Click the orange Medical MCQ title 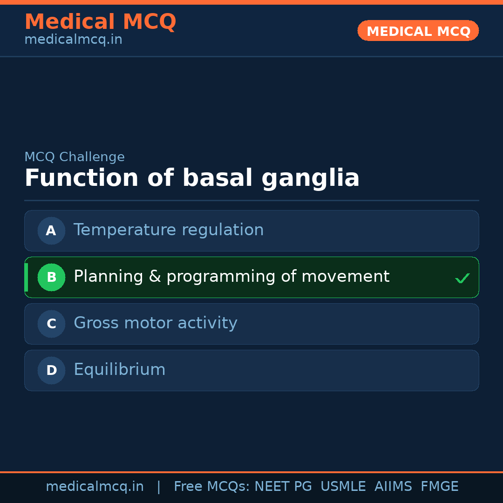pyautogui.click(x=100, y=22)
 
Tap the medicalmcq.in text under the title pyautogui.click(x=73, y=40)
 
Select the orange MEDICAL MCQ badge pyautogui.click(x=418, y=31)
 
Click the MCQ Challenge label pyautogui.click(x=75, y=157)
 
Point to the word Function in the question pyautogui.click(x=82, y=178)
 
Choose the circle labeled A pyautogui.click(x=51, y=231)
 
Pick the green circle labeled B pyautogui.click(x=51, y=277)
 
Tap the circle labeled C pyautogui.click(x=51, y=324)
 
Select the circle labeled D pyautogui.click(x=51, y=370)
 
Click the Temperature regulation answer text pyautogui.click(x=169, y=230)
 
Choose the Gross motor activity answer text pyautogui.click(x=156, y=323)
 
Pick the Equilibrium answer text pyautogui.click(x=120, y=370)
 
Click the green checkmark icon pyautogui.click(x=462, y=278)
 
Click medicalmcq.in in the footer pyautogui.click(x=95, y=487)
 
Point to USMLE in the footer pyautogui.click(x=343, y=487)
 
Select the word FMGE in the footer pyautogui.click(x=439, y=487)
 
